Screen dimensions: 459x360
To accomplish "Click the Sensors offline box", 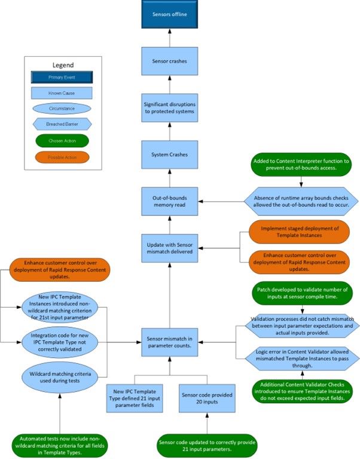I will click(x=169, y=15).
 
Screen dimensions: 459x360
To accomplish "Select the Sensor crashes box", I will click(x=169, y=62).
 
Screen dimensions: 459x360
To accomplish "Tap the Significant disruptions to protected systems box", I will click(x=169, y=107).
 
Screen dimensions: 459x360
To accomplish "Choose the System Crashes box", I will click(x=169, y=154).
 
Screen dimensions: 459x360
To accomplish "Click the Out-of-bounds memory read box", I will click(x=169, y=200).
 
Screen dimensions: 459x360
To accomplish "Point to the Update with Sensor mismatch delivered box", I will click(x=169, y=247).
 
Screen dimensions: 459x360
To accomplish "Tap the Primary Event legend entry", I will click(x=63, y=77).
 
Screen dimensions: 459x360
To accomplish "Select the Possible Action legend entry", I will click(x=63, y=157).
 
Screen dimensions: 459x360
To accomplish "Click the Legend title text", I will click(x=63, y=65).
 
